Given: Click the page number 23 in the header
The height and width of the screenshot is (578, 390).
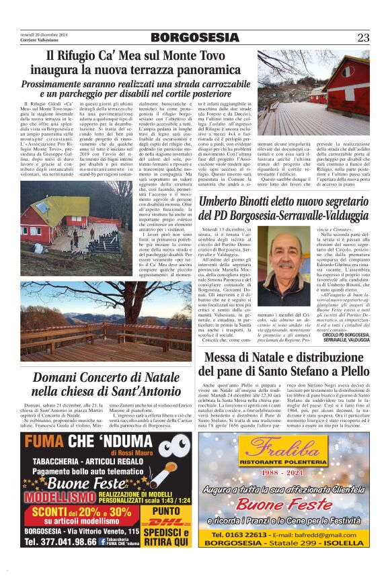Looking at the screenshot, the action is (x=363, y=38).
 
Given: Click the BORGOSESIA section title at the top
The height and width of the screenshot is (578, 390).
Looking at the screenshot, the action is (x=194, y=38).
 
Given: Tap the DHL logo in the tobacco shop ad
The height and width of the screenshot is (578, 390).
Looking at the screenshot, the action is (x=163, y=522).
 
